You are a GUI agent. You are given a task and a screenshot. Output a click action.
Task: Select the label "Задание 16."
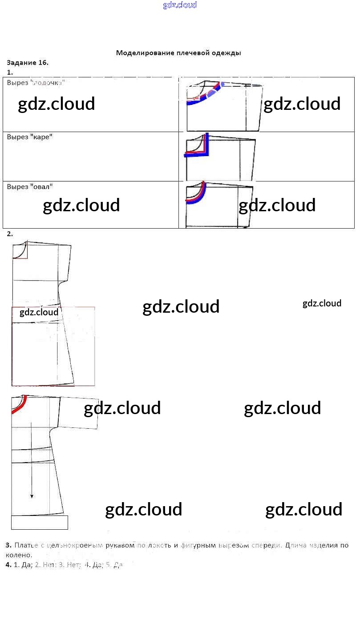click(x=28, y=63)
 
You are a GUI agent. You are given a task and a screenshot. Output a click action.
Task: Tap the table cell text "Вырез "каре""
click(x=30, y=137)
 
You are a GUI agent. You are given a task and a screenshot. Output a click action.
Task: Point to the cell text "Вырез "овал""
click(x=30, y=187)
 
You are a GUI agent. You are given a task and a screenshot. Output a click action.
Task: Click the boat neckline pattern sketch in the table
click(x=224, y=106)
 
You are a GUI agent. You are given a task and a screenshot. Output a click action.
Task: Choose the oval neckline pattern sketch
click(x=219, y=204)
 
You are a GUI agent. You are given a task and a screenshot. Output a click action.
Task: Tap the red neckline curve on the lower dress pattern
click(x=19, y=405)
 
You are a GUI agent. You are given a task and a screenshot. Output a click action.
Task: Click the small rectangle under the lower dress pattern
click(x=39, y=523)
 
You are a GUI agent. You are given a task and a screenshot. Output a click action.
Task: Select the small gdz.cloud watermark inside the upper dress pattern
click(x=39, y=312)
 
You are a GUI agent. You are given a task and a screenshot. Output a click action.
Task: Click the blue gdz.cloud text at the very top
click(x=180, y=5)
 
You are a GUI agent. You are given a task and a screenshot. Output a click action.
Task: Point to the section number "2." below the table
click(x=10, y=234)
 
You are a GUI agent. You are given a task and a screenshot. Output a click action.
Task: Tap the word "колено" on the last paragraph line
click(x=18, y=555)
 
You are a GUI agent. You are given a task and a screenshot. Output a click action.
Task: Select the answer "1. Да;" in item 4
click(x=23, y=565)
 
